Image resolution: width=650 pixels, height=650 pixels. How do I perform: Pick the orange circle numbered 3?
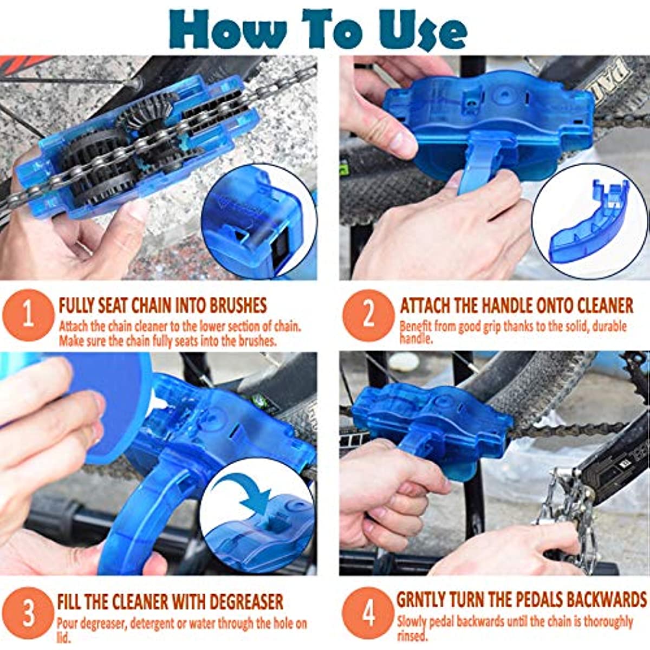coord(28,613)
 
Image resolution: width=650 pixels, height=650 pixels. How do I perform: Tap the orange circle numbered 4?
coord(368,613)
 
